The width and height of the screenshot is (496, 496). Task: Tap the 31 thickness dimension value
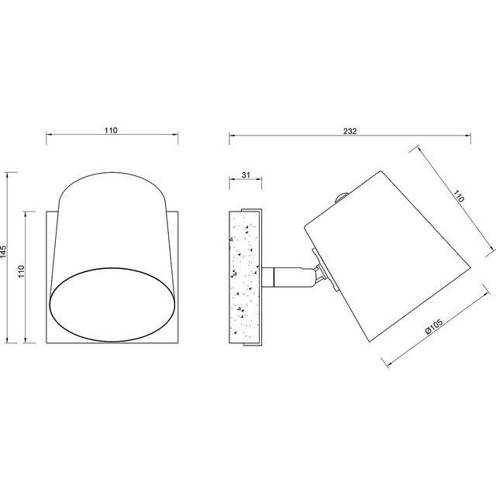coord(245,176)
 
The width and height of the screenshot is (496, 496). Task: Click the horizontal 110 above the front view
coord(111,131)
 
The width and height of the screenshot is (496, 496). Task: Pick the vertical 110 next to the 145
coord(22,270)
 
